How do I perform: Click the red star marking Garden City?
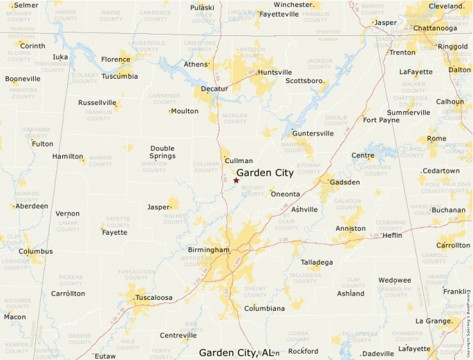point(236,180)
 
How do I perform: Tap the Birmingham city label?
point(208,249)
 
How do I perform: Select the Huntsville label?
point(274,73)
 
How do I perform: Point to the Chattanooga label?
point(435,28)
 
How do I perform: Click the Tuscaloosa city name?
point(154,297)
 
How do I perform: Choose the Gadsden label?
point(344,182)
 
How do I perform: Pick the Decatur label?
point(214,89)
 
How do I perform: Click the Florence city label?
point(115,59)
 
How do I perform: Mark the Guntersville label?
point(313,133)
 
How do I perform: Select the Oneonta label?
point(285,194)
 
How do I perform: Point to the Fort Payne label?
point(381,120)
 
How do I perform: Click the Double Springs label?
point(163,152)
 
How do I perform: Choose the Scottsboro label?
point(304,81)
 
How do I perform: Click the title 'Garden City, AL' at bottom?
point(236,352)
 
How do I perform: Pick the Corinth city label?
point(33,46)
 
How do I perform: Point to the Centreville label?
point(178,336)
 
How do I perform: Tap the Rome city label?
point(436,138)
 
